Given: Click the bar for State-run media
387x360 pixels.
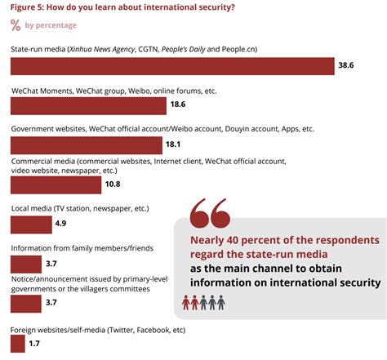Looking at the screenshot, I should (x=171, y=66).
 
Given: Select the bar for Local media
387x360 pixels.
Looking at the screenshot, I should (x=30, y=223).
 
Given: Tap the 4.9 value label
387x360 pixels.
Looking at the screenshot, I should (x=63, y=223).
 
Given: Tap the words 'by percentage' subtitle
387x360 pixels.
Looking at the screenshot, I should (x=51, y=25).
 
